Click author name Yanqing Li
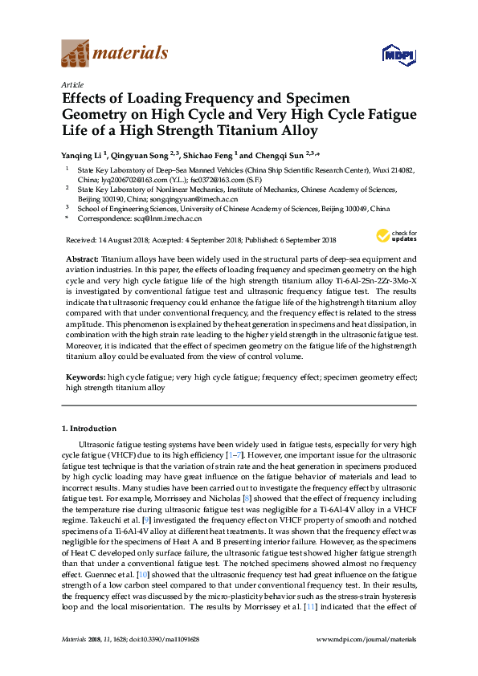(83, 154)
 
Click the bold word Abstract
(81, 259)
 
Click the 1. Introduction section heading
(88, 429)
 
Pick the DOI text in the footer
(170, 661)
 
